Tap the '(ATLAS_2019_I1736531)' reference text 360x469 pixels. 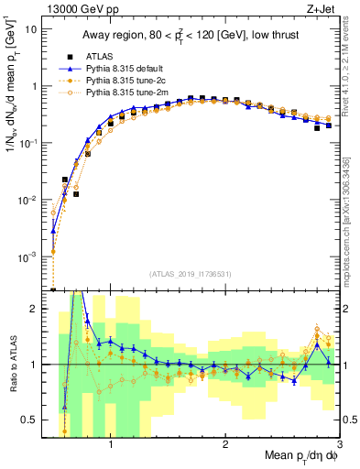tap(191, 273)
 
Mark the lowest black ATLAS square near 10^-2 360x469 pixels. tap(76, 194)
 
